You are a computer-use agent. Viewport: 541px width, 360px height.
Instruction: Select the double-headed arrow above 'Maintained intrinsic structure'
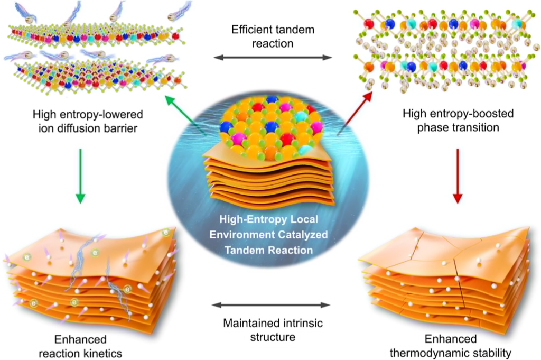270,304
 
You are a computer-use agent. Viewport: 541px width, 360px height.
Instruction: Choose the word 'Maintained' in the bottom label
248,322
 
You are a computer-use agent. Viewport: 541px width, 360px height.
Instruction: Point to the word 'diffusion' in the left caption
79,127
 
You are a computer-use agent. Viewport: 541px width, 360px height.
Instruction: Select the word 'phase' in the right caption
432,127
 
